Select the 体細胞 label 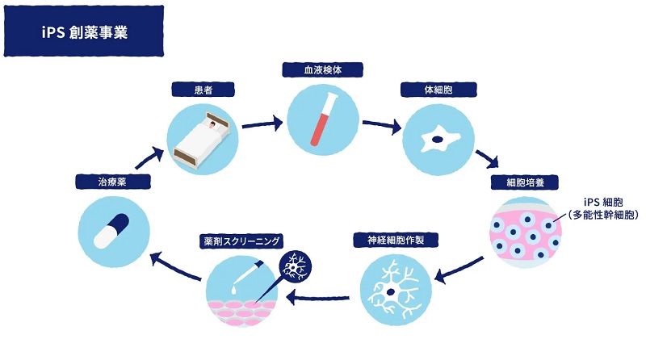click(437, 87)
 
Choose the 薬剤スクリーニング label click(241, 241)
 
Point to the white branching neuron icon click(392, 290)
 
